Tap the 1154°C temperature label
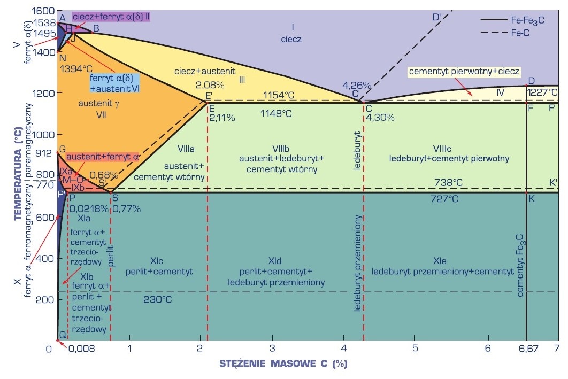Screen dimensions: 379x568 click(278, 95)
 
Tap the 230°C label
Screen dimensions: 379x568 click(158, 299)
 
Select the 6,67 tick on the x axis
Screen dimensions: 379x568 click(527, 349)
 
